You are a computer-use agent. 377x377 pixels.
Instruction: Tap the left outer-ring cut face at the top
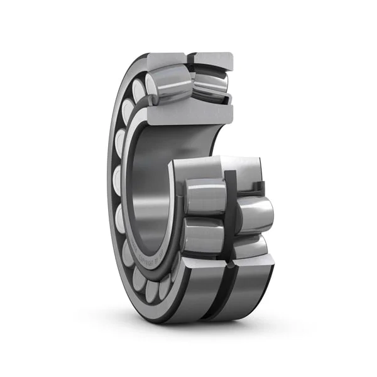click(167, 60)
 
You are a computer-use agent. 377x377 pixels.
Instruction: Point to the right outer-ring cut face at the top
click(214, 60)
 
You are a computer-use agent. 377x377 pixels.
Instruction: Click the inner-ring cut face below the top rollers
click(188, 113)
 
